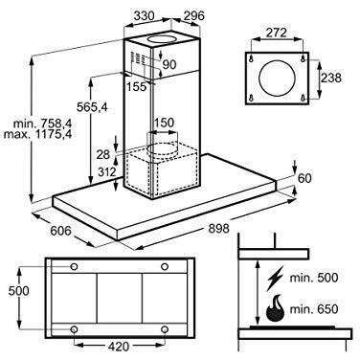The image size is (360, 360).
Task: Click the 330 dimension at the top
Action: point(145,15)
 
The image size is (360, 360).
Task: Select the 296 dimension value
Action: point(193,15)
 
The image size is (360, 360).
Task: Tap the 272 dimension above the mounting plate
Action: point(276,33)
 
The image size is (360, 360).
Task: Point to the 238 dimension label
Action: point(331,78)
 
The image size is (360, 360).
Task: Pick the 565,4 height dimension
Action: point(92,107)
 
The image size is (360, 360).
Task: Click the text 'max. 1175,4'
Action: point(38,134)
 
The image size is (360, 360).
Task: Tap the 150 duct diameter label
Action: point(165,123)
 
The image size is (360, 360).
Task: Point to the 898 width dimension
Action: point(219,229)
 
